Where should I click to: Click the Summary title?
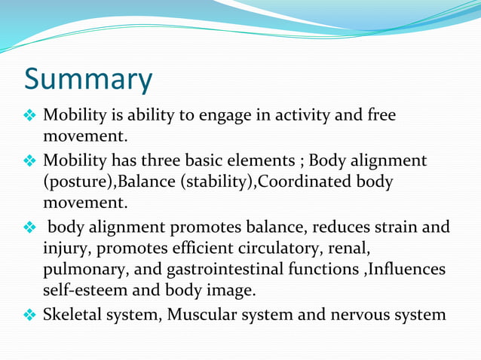point(88,79)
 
